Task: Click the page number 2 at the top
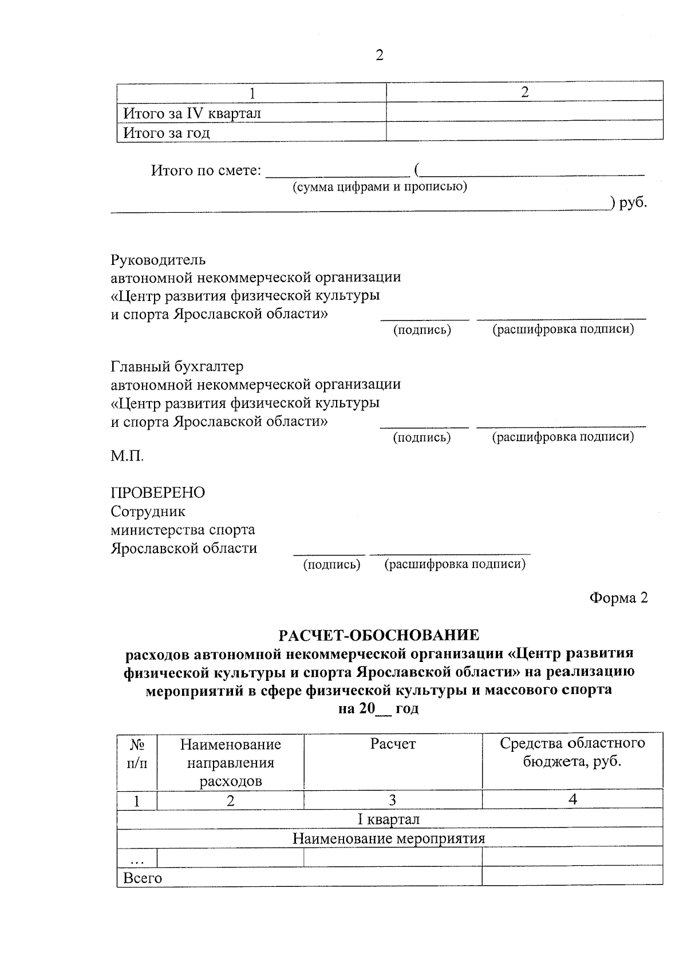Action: (x=378, y=56)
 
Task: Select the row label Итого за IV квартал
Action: (x=192, y=113)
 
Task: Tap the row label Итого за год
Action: (x=167, y=133)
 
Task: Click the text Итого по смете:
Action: (x=206, y=171)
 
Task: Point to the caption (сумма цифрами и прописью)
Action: (x=380, y=187)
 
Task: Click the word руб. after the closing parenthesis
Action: (x=633, y=202)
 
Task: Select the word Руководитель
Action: (x=157, y=260)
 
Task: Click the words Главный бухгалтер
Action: (x=177, y=366)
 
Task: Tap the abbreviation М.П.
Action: (x=127, y=456)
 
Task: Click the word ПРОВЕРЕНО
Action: (x=157, y=493)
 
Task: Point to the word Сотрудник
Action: (x=148, y=511)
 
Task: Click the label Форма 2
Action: (x=618, y=598)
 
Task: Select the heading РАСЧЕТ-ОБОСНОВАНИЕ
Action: (x=378, y=635)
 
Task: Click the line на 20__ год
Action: (x=378, y=708)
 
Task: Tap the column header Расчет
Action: (x=393, y=744)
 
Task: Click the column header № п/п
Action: (x=136, y=753)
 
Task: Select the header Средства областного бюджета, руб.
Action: (x=572, y=752)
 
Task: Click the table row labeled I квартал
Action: (x=389, y=819)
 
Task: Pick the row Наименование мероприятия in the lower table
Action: (x=389, y=839)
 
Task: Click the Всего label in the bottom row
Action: (x=143, y=878)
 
